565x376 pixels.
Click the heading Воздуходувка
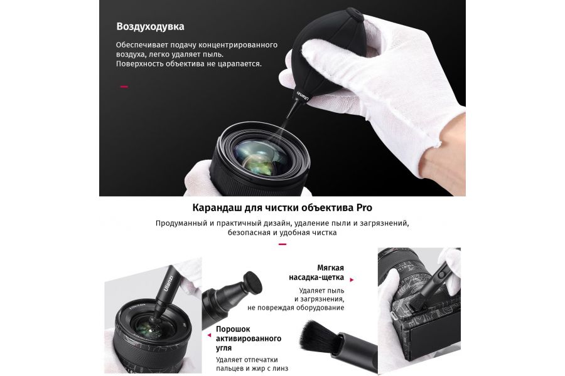150,26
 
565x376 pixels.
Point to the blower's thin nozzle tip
288,117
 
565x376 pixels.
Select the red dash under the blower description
124,86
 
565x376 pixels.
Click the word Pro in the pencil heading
364,207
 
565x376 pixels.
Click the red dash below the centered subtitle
282,244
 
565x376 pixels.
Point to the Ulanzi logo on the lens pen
168,283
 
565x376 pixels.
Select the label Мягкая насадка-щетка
316,273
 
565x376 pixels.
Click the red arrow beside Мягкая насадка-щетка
352,279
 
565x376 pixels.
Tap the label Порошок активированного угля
249,338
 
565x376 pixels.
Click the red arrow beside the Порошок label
209,335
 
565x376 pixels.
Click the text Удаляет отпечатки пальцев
247,363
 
